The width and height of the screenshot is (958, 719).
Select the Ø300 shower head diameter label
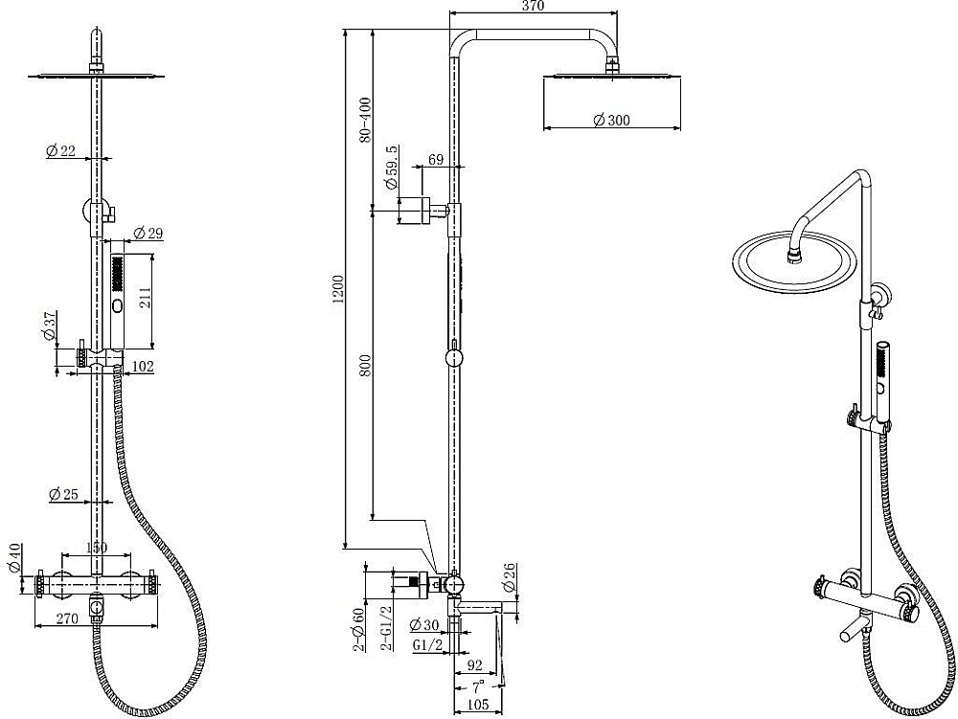click(x=611, y=120)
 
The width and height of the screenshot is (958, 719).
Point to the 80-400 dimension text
click(x=365, y=120)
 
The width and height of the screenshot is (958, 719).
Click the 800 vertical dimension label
click(x=365, y=366)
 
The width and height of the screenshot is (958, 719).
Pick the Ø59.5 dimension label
click(x=391, y=167)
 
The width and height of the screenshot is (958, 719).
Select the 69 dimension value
click(x=436, y=160)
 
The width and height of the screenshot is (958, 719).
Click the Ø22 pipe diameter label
click(x=61, y=150)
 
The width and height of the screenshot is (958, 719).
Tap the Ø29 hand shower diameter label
click(x=148, y=233)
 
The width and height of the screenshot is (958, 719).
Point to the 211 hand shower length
click(x=145, y=299)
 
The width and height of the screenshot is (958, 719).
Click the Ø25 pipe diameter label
click(x=63, y=493)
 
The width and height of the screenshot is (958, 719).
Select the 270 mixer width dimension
click(x=67, y=618)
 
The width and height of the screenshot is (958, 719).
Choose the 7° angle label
click(x=478, y=686)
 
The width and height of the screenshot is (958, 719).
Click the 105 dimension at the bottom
click(x=478, y=705)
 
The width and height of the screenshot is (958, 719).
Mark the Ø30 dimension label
click(x=424, y=624)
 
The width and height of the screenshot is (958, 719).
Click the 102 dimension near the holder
click(x=143, y=367)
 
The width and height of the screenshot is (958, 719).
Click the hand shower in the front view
click(x=117, y=302)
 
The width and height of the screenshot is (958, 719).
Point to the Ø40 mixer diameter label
click(x=15, y=558)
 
